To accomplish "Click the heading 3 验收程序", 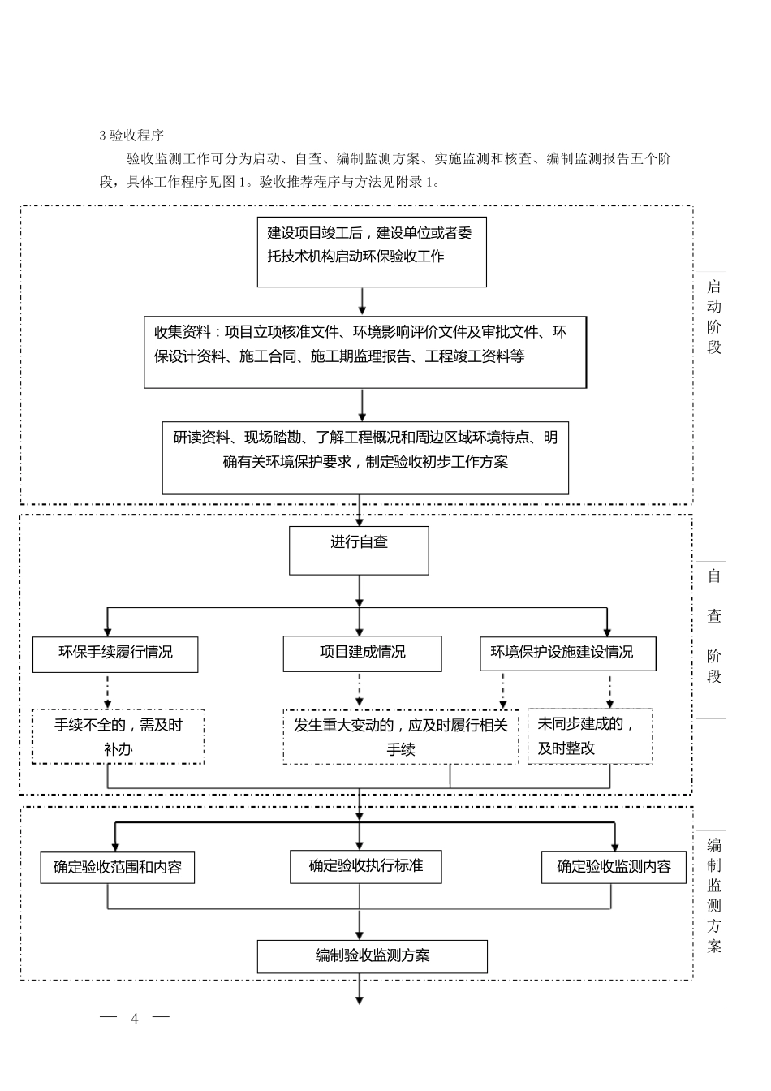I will pos(131,135).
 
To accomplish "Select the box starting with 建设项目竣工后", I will pos(372,252).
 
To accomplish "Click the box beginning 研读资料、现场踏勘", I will pos(365,457).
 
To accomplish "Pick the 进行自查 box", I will pos(359,550).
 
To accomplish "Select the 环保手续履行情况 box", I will pos(115,653).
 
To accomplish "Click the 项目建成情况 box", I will pos(362,653).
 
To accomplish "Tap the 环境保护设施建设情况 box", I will pos(567,653).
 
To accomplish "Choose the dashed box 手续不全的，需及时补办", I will pos(118,736).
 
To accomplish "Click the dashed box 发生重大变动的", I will pos(400,736).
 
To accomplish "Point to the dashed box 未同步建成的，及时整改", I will pos(590,736).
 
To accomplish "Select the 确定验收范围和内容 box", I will pos(118,867).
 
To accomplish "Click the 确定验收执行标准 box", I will pos(366,866).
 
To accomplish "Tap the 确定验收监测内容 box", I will pos(614,867).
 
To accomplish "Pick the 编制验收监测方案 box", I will pos(373,956).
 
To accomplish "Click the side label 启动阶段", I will pos(713,317).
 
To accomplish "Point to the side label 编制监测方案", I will pos(713,896).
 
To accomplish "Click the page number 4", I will pos(135,1020).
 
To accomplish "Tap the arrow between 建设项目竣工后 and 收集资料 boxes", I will pos(362,300).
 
